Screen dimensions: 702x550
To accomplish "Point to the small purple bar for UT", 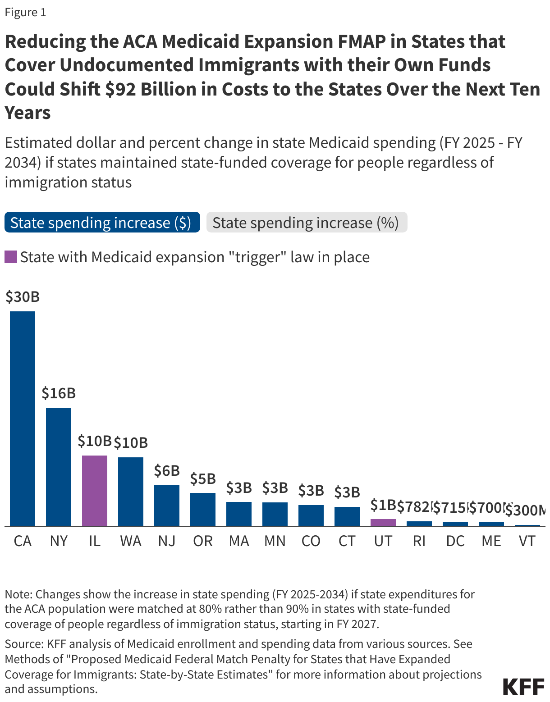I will [x=383, y=522].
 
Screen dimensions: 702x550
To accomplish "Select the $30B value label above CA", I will [x=23, y=297].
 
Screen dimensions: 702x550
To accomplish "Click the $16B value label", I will [x=59, y=393].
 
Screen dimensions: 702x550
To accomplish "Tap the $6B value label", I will [x=167, y=471].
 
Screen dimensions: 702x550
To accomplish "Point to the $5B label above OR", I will [x=203, y=479].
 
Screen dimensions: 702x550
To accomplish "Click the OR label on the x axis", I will [x=203, y=541].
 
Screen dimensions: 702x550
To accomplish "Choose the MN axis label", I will [x=275, y=541].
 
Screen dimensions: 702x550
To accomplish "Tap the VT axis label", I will [x=527, y=541].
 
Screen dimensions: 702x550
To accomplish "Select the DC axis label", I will [x=455, y=541].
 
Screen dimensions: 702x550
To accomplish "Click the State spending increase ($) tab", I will [x=102, y=223].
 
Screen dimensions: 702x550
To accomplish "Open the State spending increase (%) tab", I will [x=306, y=223].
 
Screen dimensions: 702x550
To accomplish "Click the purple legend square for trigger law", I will [x=11, y=257].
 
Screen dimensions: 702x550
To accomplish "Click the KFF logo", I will [x=523, y=687].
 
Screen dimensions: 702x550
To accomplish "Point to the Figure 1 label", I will [x=26, y=12].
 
